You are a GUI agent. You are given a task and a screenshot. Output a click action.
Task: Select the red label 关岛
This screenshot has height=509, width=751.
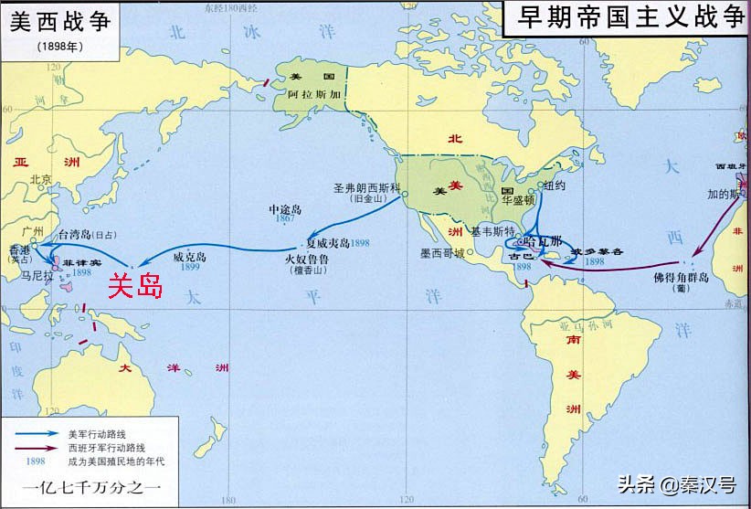coord(134,287)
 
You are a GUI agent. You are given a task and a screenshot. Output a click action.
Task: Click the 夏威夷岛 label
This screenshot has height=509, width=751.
coord(327,244)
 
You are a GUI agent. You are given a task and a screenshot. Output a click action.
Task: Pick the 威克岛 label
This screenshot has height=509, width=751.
coord(190,258)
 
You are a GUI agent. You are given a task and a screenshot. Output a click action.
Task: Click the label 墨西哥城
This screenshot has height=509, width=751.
coord(441,252)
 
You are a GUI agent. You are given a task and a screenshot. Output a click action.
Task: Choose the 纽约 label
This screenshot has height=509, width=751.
coord(554,185)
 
